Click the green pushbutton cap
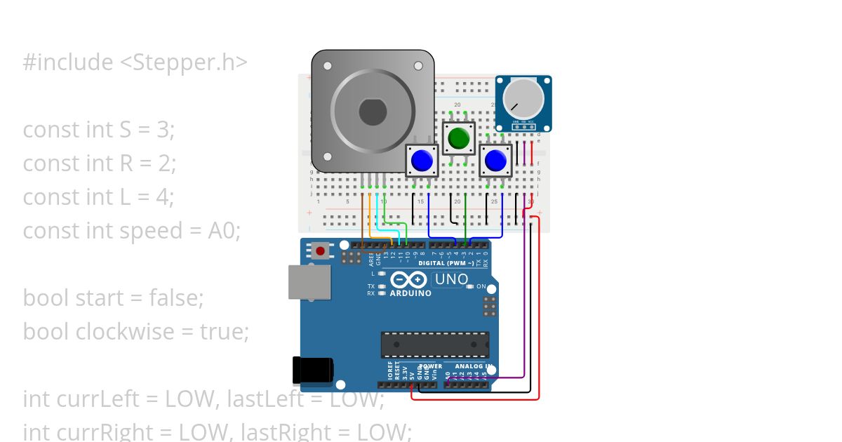459,138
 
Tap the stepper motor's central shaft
372,111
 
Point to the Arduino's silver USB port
309,282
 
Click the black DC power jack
312,370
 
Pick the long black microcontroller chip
435,344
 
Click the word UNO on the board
452,279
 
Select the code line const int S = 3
98,130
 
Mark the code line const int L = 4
98,197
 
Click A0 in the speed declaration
225,231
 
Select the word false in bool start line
176,297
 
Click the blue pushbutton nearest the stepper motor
422,161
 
